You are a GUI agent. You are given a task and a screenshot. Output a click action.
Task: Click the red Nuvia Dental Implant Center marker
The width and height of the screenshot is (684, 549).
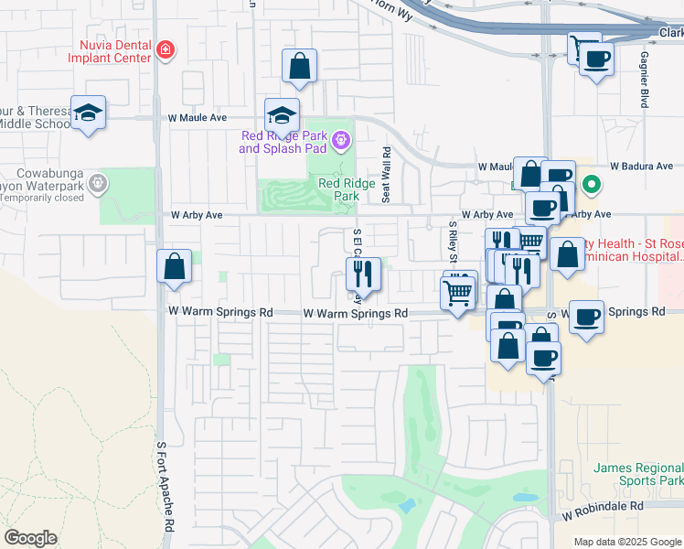(165, 49)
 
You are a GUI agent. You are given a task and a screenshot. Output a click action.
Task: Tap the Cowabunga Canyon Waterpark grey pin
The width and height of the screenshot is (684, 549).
(99, 186)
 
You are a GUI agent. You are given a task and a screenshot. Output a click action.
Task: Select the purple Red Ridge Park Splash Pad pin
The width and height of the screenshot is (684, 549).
(341, 140)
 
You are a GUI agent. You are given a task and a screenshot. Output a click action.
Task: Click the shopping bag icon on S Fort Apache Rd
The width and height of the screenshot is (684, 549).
(174, 268)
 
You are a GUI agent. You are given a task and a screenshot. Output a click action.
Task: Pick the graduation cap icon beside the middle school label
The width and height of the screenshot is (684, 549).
(88, 113)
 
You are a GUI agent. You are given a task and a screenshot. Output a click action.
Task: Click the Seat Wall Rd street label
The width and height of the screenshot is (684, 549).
(386, 174)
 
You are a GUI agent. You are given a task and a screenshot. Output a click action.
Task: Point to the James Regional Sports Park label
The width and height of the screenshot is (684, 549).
(637, 473)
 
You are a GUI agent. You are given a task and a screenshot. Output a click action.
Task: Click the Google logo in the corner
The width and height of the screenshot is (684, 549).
(30, 538)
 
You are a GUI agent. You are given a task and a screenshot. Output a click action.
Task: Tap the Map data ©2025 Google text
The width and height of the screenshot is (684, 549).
(627, 542)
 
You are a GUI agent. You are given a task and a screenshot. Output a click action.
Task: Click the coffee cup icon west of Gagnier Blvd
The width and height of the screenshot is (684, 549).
(597, 60)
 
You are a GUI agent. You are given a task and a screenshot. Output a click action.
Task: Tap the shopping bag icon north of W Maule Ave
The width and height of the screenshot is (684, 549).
(299, 66)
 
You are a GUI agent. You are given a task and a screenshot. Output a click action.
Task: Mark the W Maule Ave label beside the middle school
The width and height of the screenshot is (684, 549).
(197, 118)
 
